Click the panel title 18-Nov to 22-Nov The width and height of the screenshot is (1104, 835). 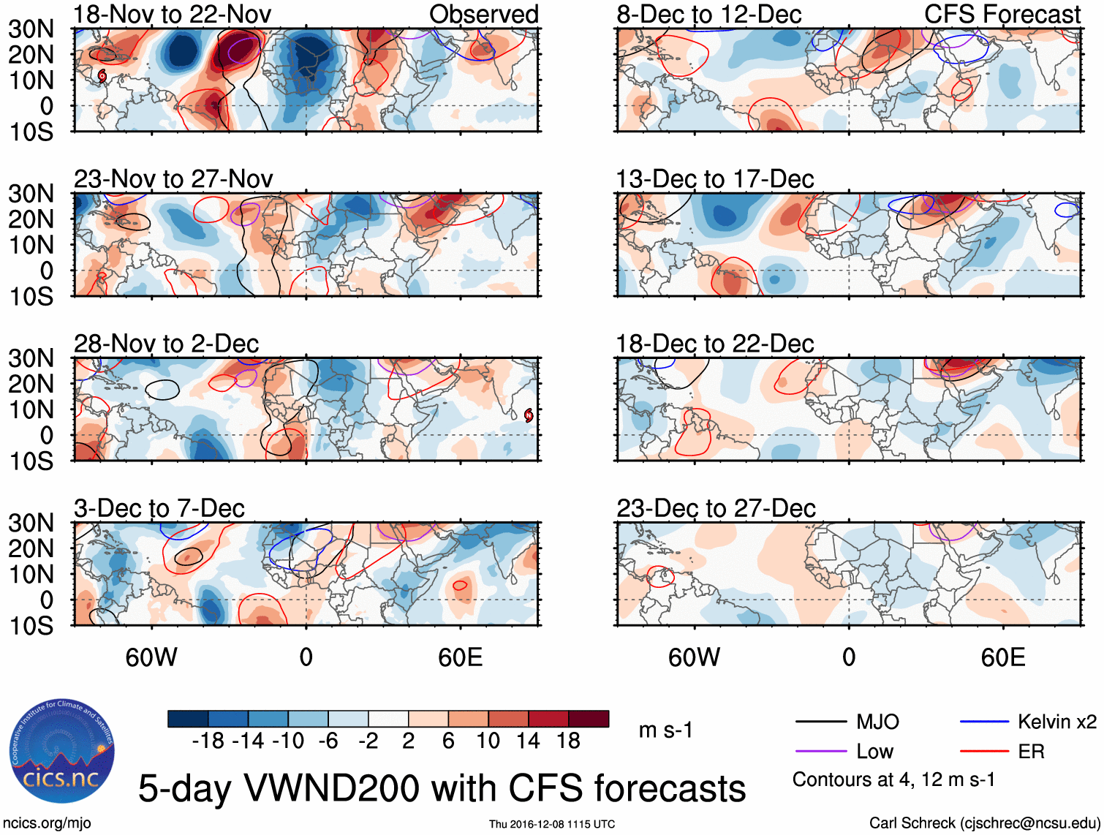point(173,14)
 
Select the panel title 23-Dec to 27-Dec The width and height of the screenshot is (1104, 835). point(716,508)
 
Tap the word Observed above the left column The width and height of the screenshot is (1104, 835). point(484,14)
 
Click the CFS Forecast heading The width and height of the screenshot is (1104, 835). point(1002,14)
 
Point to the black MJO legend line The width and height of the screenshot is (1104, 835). point(821,722)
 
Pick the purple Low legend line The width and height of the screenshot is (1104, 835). point(821,752)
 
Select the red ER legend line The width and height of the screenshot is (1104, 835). point(984,752)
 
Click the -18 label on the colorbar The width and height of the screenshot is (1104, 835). point(208,741)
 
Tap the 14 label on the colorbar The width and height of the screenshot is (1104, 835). point(528,741)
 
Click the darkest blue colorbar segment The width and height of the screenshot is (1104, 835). point(188,719)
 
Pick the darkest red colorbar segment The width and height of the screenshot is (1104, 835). point(589,719)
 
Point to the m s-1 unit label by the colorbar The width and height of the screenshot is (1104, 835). point(665,730)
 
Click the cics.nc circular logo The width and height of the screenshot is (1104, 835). point(62,752)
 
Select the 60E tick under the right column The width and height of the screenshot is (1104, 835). point(1003,657)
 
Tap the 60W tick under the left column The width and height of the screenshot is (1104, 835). point(151,657)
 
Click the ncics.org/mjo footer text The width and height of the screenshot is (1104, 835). point(47,823)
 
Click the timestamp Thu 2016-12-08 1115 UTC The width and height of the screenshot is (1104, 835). point(552,824)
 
